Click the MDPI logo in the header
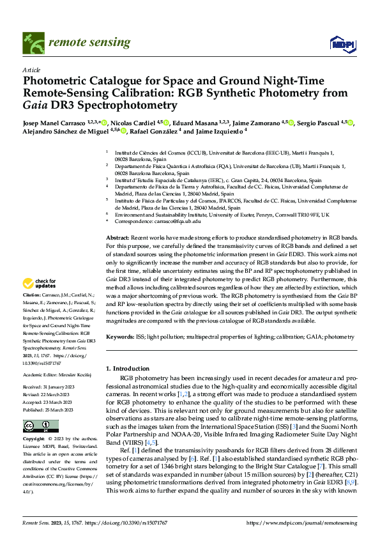point(342,43)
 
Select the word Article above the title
point(31,70)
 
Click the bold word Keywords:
point(120,335)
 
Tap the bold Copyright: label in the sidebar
point(34,439)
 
